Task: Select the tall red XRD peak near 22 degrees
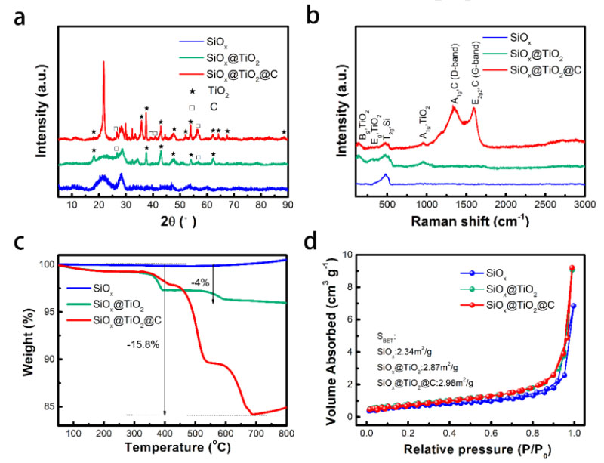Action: [103, 64]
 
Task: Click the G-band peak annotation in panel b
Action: [476, 83]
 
